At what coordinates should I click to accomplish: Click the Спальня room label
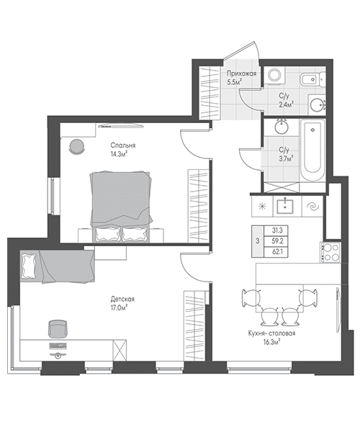(x=123, y=145)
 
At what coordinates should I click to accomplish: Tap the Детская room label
(x=122, y=299)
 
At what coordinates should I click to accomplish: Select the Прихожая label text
(x=242, y=73)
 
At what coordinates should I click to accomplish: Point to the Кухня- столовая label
(x=271, y=333)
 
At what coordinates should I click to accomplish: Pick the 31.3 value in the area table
(x=277, y=230)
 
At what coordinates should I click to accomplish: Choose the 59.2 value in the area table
(x=277, y=241)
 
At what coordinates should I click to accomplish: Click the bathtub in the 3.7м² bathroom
(x=312, y=150)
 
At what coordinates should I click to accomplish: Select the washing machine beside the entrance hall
(x=274, y=75)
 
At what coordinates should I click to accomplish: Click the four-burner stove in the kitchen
(x=330, y=253)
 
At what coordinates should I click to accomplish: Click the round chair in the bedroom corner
(x=76, y=147)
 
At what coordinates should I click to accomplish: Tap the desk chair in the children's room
(x=58, y=329)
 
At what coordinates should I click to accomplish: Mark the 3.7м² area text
(x=286, y=158)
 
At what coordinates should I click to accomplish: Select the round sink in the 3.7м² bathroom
(x=282, y=127)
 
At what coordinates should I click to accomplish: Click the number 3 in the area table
(x=258, y=241)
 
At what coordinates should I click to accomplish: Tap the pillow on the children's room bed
(x=29, y=266)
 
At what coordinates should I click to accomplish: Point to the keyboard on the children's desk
(x=58, y=346)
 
